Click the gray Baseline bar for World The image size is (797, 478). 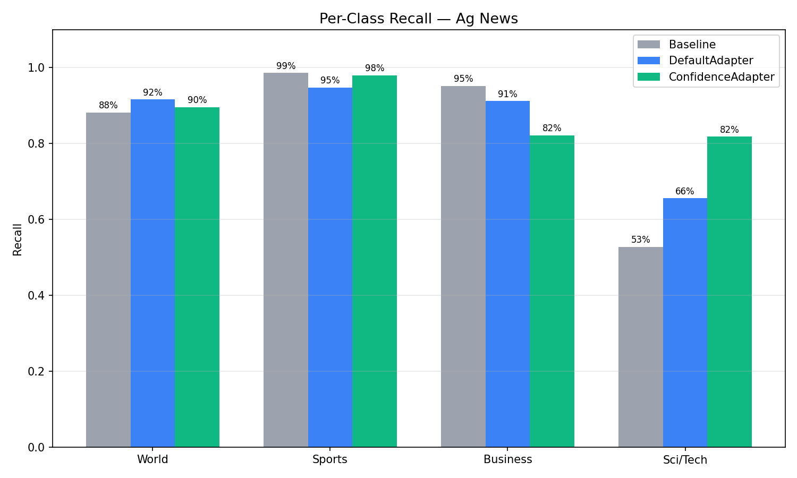(108, 280)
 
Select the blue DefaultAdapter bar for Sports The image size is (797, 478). (330, 267)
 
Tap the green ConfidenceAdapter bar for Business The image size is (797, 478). (552, 291)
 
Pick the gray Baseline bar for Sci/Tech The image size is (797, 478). (640, 347)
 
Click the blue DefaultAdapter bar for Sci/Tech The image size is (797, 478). (685, 322)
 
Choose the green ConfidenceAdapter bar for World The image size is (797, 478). (197, 277)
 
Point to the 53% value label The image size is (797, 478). (640, 240)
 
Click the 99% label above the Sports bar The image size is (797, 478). (286, 66)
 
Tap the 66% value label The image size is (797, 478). (685, 191)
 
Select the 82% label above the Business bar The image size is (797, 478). (552, 129)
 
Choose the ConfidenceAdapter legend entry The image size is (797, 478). (721, 77)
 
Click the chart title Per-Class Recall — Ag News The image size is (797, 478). (418, 19)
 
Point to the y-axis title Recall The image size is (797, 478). (18, 239)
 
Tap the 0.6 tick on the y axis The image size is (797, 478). (37, 219)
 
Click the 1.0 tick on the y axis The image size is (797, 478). (37, 68)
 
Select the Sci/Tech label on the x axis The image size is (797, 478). (685, 460)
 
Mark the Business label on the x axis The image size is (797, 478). (507, 459)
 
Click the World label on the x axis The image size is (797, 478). (152, 459)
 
